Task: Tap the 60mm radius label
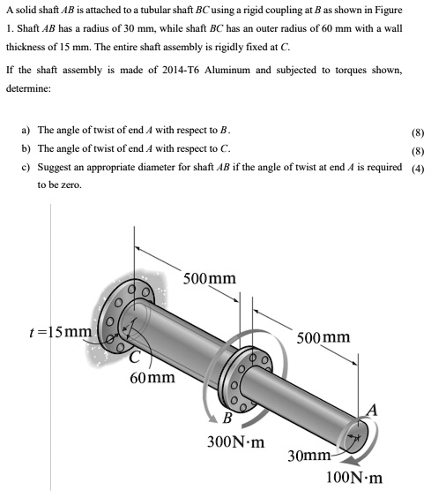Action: pyautogui.click(x=152, y=378)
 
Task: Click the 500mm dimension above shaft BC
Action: pyautogui.click(x=210, y=279)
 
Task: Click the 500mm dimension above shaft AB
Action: pyautogui.click(x=323, y=337)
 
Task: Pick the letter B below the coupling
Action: pyautogui.click(x=227, y=418)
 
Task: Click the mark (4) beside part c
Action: pyautogui.click(x=419, y=170)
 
